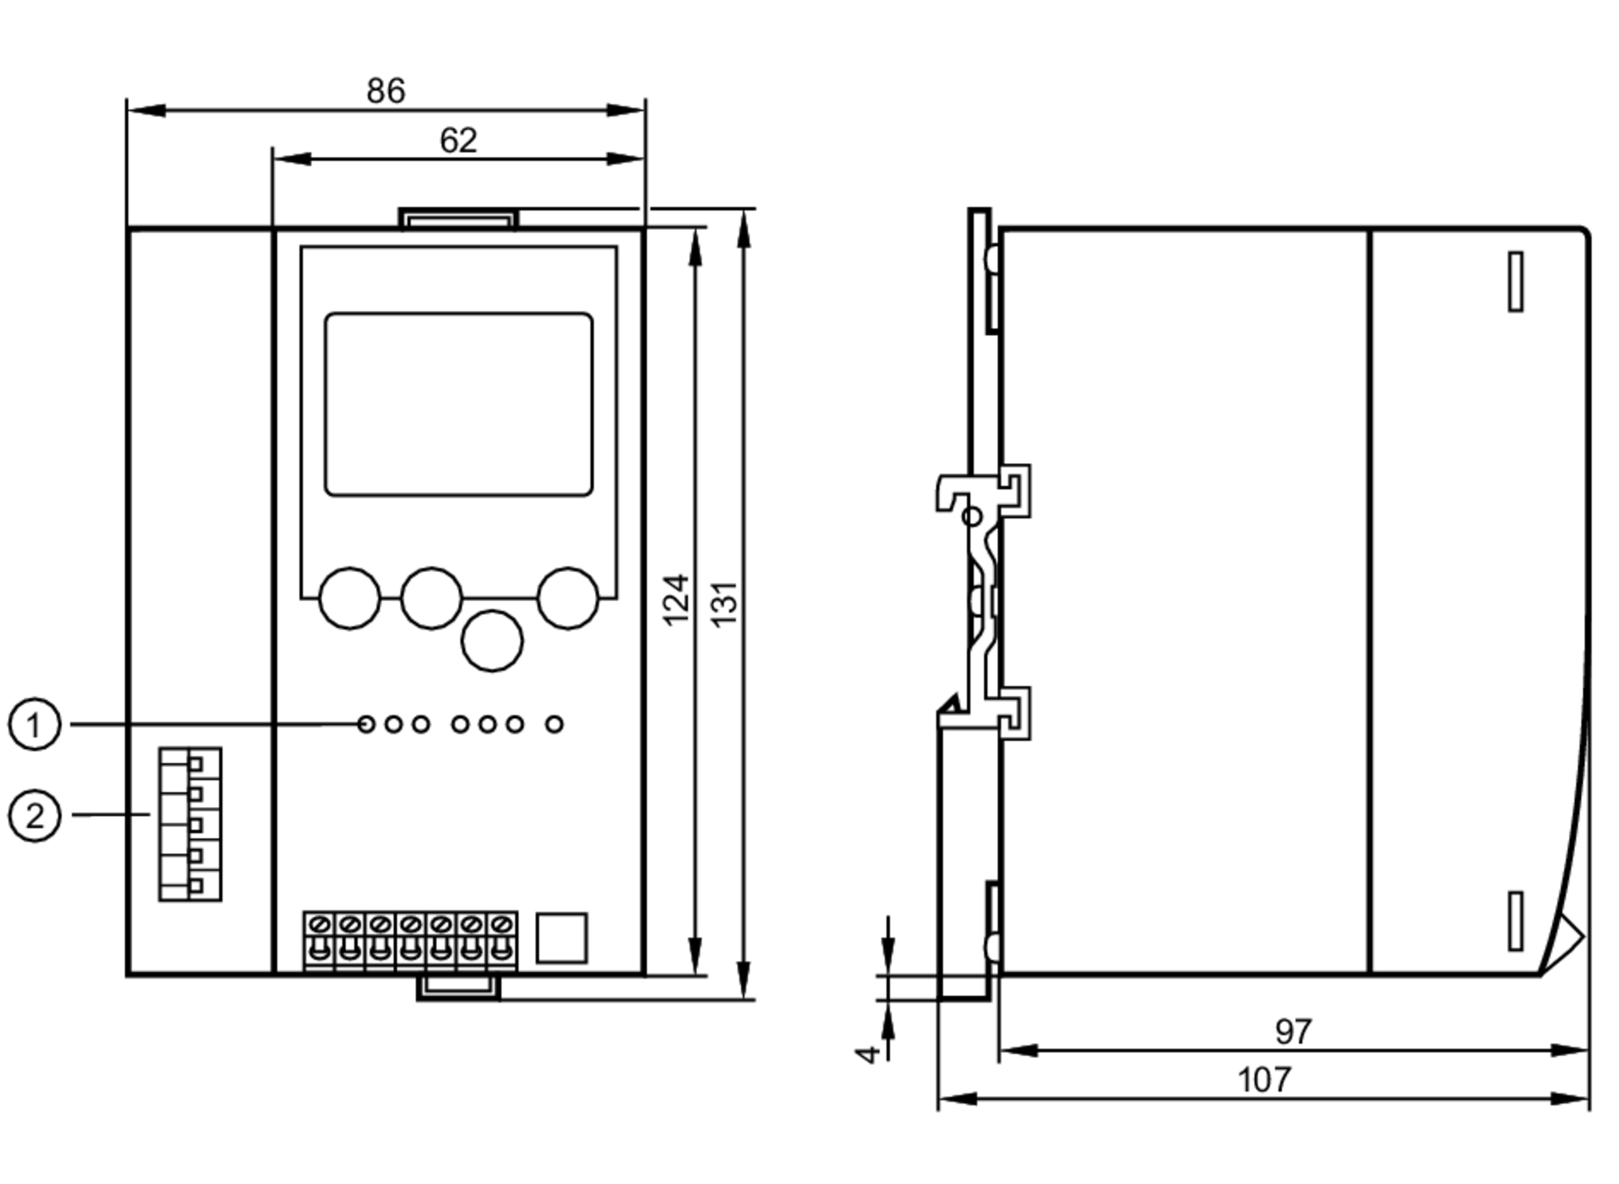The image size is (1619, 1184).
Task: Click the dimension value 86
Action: tap(385, 91)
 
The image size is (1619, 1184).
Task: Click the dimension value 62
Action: tap(458, 141)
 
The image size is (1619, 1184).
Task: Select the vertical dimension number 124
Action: tap(676, 600)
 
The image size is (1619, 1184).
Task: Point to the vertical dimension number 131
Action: tap(725, 603)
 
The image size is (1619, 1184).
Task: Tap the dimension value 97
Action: tap(1293, 1032)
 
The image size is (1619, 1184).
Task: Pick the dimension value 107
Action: tap(1264, 1080)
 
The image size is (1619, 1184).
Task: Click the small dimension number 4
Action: tap(868, 1054)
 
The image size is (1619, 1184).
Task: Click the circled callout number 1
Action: tap(34, 724)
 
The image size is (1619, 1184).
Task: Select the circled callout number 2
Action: tap(34, 816)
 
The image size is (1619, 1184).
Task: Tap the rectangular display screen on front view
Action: tap(458, 404)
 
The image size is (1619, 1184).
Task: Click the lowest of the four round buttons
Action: tap(491, 641)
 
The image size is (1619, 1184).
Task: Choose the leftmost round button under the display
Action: tap(350, 598)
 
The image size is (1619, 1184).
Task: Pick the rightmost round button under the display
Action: tap(567, 598)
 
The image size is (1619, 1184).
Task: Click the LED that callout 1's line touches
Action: tap(366, 724)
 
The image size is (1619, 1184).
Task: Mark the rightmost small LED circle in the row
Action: tap(554, 724)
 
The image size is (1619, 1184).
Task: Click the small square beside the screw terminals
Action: tap(562, 938)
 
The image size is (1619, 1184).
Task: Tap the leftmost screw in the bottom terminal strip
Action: tap(319, 924)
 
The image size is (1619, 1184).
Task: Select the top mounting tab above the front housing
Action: tap(458, 219)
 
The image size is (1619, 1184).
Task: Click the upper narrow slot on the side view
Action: tap(1515, 281)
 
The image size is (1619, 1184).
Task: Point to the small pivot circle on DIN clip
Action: tap(973, 516)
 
